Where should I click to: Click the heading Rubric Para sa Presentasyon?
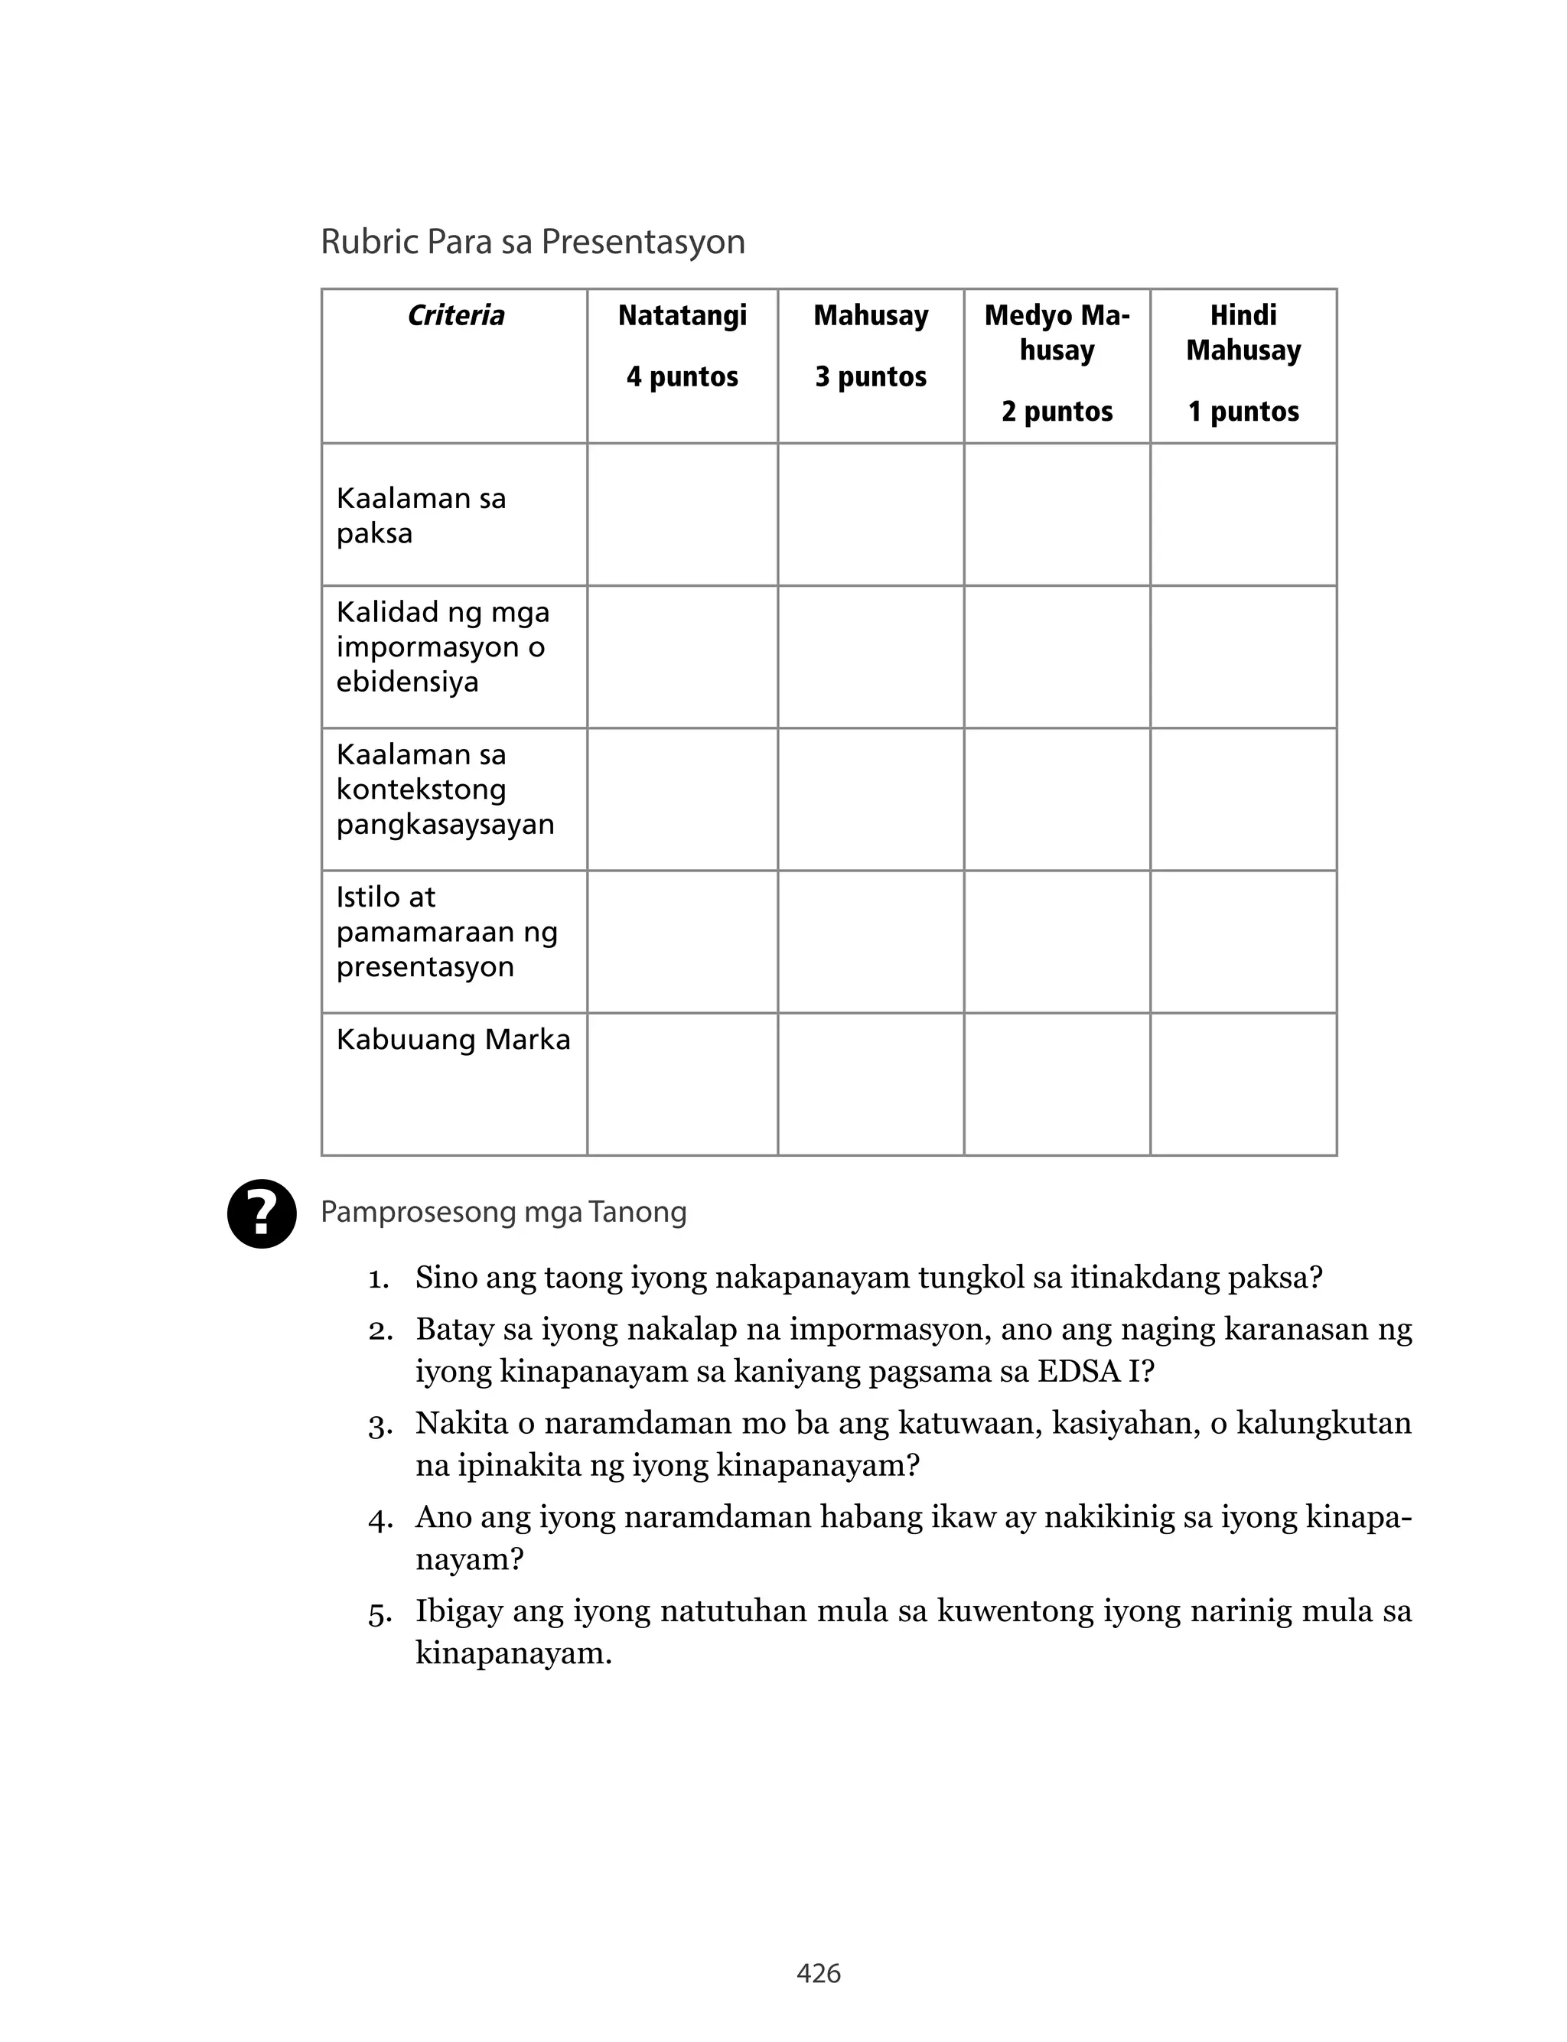[533, 242]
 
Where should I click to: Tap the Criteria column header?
[455, 315]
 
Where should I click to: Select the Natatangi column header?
[682, 315]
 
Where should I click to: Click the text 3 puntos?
[870, 376]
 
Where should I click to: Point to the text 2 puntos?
[1057, 411]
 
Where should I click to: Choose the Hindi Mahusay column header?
[1243, 333]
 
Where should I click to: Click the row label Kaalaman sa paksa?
[421, 515]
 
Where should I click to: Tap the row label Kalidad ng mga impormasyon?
[442, 647]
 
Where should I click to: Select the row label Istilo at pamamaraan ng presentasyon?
[446, 932]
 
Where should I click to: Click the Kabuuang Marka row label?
[453, 1040]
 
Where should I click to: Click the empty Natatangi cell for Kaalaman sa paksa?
[682, 515]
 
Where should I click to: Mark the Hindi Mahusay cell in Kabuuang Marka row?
[1243, 1084]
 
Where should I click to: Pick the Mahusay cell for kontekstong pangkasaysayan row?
[870, 799]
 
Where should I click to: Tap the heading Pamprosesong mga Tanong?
[503, 1212]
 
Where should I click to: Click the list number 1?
[378, 1278]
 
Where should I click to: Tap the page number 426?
[818, 1973]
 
